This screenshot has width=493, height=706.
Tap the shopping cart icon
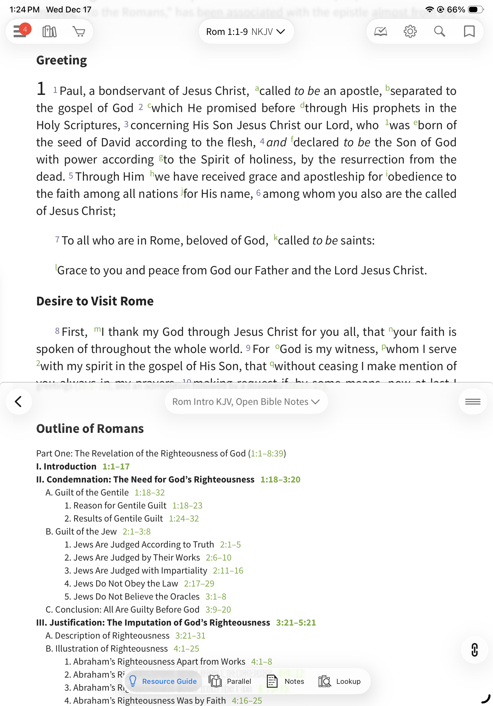pyautogui.click(x=79, y=31)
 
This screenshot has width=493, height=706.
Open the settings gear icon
pyautogui.click(x=410, y=31)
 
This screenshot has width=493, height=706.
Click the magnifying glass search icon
pyautogui.click(x=440, y=31)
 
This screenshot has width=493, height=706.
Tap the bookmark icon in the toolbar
pyautogui.click(x=469, y=31)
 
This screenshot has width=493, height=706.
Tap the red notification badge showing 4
pyautogui.click(x=25, y=29)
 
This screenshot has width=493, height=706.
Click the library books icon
pyautogui.click(x=49, y=31)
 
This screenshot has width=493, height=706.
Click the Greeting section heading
pyautogui.click(x=61, y=60)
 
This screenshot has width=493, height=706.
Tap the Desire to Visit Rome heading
pyautogui.click(x=95, y=301)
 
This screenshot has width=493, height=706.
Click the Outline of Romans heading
pyautogui.click(x=90, y=429)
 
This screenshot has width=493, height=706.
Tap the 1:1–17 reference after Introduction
pyautogui.click(x=116, y=467)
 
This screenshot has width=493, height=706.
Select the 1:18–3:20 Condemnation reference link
pyautogui.click(x=280, y=479)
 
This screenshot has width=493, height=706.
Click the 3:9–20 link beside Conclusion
pyautogui.click(x=218, y=609)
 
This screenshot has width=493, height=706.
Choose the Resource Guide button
pyautogui.click(x=163, y=681)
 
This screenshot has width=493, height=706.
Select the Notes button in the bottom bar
pyautogui.click(x=286, y=681)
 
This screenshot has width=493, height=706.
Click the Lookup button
pyautogui.click(x=340, y=681)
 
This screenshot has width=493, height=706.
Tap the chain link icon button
pyautogui.click(x=474, y=650)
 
